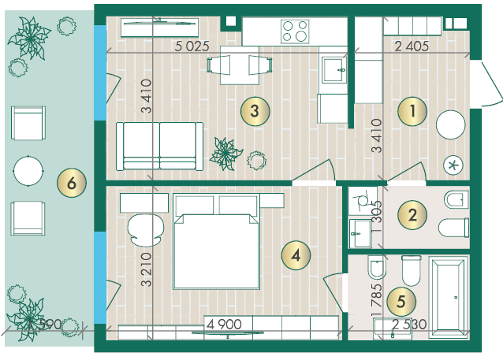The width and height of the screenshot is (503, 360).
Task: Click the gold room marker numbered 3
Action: pos(255,111)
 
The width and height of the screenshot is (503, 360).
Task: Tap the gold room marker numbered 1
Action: pos(412,111)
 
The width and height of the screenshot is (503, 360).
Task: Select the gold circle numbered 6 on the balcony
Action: pos(72,183)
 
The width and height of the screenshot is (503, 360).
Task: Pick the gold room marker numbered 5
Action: pos(401,302)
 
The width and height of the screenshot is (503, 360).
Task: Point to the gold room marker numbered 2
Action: pos(412,215)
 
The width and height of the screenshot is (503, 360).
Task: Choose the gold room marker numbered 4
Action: pos(296,255)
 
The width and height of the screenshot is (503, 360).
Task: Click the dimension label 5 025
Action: pos(192,46)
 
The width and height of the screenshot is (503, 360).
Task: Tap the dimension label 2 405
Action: pos(412,46)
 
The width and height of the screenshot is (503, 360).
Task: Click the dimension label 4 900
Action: pos(224,325)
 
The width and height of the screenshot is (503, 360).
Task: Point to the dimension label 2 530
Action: pos(409,325)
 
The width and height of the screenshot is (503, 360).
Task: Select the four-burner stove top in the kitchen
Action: pos(295,31)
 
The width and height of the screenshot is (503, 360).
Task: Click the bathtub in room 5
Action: pos(449,296)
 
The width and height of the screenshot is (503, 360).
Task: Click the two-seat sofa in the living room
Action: pos(159,146)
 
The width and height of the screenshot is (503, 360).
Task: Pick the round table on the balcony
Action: pos(28,171)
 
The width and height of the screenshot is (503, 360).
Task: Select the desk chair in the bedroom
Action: pos(146,230)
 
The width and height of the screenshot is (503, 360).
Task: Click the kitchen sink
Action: pos(334,69)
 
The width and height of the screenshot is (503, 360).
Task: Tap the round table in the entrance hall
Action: pos(450,124)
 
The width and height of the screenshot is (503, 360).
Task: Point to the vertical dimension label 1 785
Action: pos(377,299)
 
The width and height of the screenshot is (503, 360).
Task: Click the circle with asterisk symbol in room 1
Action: pos(453,165)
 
